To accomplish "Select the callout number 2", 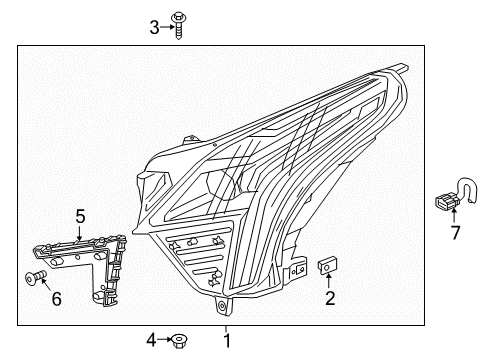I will tap(328, 297).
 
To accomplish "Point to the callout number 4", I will tap(151, 341).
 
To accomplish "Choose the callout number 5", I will tap(81, 215).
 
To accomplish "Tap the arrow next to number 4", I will tap(165, 341).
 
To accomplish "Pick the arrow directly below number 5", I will tap(81, 231).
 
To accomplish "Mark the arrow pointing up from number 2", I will tap(328, 282).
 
